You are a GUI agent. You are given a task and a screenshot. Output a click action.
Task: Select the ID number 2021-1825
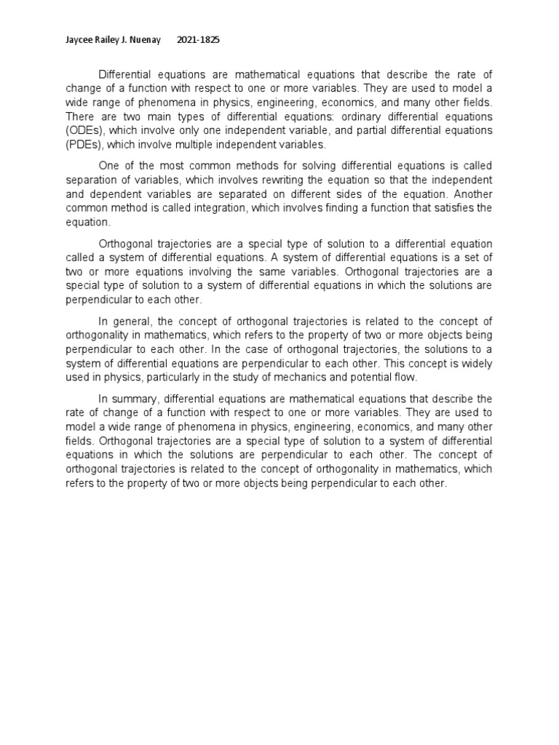coord(199,40)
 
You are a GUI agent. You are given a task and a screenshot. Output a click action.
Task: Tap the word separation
coord(92,179)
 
